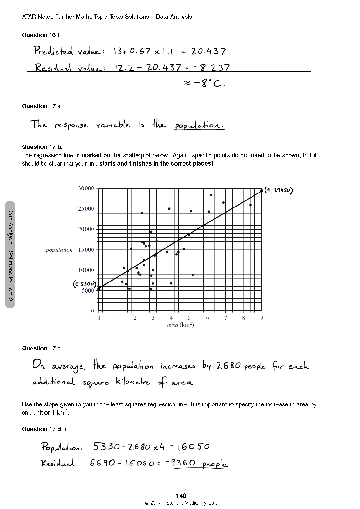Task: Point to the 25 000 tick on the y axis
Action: pyautogui.click(x=86, y=209)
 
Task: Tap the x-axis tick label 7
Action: pyautogui.click(x=226, y=318)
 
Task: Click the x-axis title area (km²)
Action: pyautogui.click(x=180, y=325)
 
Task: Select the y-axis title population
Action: pyautogui.click(x=59, y=250)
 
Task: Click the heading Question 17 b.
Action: pyautogui.click(x=42, y=147)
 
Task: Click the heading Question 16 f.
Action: pyautogui.click(x=41, y=35)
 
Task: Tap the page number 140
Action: pyautogui.click(x=181, y=496)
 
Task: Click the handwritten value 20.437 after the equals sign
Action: pyautogui.click(x=208, y=51)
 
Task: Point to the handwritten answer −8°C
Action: pyautogui.click(x=204, y=83)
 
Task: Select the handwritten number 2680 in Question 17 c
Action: pyautogui.click(x=229, y=365)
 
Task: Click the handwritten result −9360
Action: pyautogui.click(x=180, y=463)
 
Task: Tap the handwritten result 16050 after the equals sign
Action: pyautogui.click(x=194, y=446)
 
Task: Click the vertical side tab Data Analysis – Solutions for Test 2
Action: pyautogui.click(x=10, y=254)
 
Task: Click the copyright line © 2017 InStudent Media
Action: pyautogui.click(x=181, y=503)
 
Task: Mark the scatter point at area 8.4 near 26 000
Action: pyautogui.click(x=250, y=205)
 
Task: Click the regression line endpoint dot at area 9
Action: pyautogui.click(x=262, y=191)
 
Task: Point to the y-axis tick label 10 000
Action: pyautogui.click(x=86, y=270)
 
